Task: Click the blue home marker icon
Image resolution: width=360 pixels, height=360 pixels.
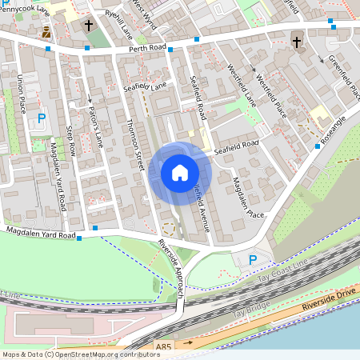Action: tap(179, 173)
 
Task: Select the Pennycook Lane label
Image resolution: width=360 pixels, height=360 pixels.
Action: tap(23, 12)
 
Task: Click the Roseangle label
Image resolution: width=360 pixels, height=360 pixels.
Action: tap(333, 127)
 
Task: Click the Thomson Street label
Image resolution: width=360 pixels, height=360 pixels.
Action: tap(134, 144)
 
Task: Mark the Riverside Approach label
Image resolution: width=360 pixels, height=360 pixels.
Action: tap(172, 269)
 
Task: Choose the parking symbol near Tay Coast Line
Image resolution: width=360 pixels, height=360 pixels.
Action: tap(254, 259)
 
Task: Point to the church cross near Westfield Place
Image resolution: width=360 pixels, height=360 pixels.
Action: tap(296, 42)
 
